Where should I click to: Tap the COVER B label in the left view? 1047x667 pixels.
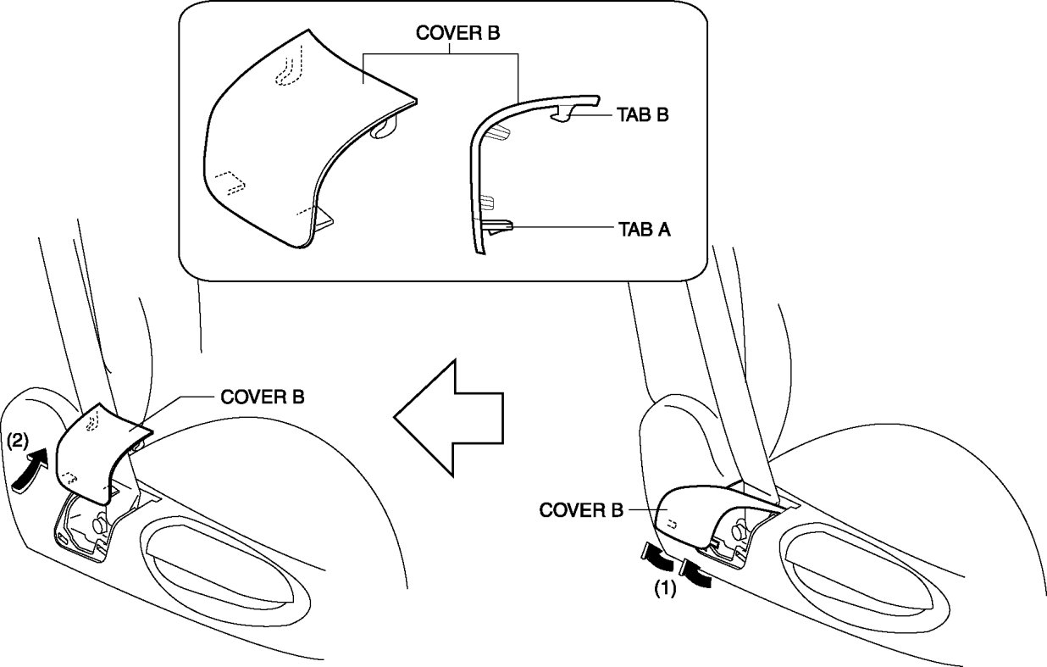click(x=263, y=396)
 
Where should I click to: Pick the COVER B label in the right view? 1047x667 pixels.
click(x=581, y=510)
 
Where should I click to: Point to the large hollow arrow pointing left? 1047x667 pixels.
click(x=449, y=417)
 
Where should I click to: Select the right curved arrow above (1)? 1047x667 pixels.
click(x=696, y=571)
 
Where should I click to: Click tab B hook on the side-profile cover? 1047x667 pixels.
click(x=565, y=114)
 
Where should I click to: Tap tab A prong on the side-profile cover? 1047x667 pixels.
click(x=500, y=226)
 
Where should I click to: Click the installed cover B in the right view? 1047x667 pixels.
click(x=686, y=517)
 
